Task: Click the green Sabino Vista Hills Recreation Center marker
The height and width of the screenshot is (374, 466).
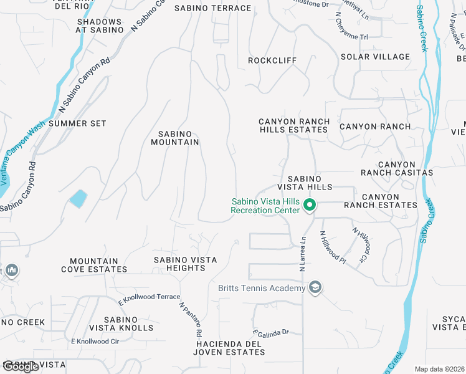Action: click(308, 205)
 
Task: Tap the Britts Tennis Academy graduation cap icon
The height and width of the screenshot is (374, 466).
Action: click(316, 287)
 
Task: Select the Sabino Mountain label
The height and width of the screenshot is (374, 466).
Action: click(175, 138)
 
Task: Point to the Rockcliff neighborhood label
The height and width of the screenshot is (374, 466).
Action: click(272, 60)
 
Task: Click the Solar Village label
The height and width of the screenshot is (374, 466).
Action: click(375, 57)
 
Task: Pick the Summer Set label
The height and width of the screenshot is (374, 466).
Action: click(77, 123)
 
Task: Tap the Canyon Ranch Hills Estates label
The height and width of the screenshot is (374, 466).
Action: click(293, 125)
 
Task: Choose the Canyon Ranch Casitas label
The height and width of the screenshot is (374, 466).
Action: click(396, 168)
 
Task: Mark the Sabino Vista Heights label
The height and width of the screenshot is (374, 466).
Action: click(186, 264)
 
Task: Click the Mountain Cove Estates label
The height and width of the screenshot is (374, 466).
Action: click(94, 265)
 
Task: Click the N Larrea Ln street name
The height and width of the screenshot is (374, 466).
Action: click(303, 252)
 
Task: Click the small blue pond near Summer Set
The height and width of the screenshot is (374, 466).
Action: click(78, 199)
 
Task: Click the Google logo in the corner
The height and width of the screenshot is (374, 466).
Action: click(20, 367)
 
